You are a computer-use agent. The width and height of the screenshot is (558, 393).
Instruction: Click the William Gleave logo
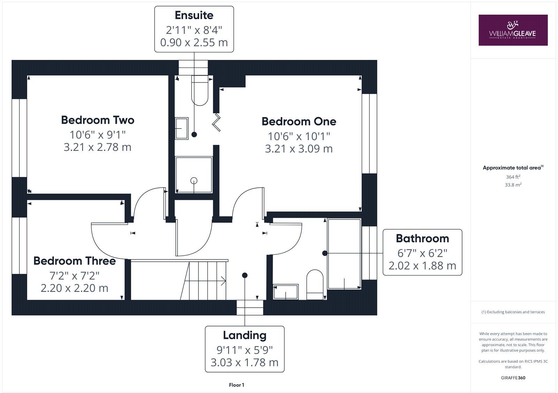pos(513,30)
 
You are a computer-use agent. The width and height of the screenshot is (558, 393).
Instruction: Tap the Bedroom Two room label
pos(98,120)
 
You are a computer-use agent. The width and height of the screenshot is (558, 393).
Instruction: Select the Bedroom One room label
pos(299,122)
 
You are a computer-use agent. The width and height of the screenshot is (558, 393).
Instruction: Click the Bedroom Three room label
pos(74,261)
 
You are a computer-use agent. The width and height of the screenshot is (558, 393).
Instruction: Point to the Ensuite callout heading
pos(194,15)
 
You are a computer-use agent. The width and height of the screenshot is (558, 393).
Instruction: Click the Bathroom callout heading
pos(422,239)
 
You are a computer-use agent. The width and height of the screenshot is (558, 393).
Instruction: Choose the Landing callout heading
pos(244,335)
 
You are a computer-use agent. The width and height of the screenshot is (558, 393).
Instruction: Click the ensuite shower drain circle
pos(194,180)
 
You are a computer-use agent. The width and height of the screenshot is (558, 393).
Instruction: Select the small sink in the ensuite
pos(181,128)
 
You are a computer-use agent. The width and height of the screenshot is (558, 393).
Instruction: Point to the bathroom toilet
pos(315,284)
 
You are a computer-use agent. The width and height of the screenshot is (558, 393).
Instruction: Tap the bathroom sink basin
pos(286,292)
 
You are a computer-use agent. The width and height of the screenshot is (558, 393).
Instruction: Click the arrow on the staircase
pos(222,280)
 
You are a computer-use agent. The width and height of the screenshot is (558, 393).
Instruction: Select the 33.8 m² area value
pos(513,185)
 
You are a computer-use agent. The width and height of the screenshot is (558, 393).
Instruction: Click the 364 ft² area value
pos(513,177)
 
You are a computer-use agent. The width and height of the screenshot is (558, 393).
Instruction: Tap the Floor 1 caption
pos(236,385)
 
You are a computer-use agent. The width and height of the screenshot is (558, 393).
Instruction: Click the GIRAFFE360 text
pos(513,378)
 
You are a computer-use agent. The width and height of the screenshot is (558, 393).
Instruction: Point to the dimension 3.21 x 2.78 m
pos(97,147)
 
